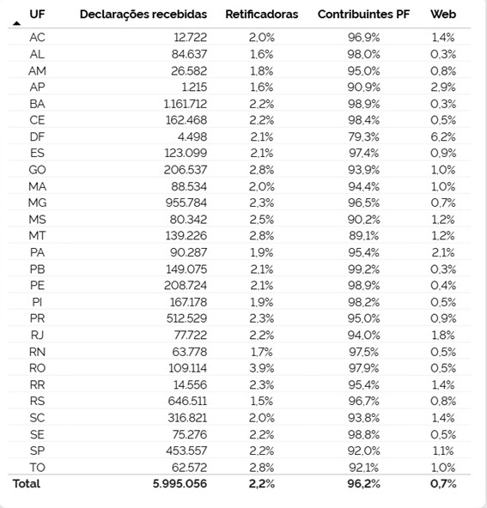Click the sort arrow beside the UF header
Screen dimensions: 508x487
[x=17, y=22]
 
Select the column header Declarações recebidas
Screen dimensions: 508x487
[x=143, y=15]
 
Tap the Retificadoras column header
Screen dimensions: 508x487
[x=262, y=15]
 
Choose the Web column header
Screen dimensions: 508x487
[x=443, y=15]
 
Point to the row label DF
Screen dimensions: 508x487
[x=37, y=136]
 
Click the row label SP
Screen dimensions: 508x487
[x=37, y=451]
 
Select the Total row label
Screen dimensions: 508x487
[x=26, y=484]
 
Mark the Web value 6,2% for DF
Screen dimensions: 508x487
[x=443, y=136]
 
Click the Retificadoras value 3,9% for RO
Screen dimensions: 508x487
[x=261, y=368]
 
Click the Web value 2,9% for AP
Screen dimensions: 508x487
[x=443, y=87]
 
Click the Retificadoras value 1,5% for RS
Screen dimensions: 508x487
[x=261, y=401]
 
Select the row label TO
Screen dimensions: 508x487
[x=37, y=467]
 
